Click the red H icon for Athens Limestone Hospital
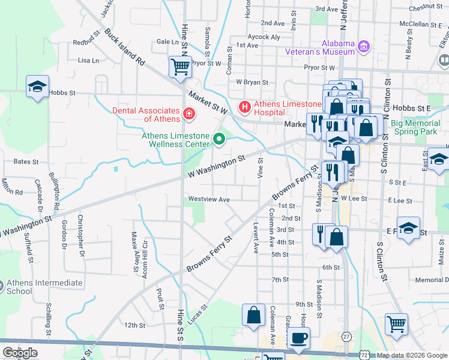(x=244, y=107)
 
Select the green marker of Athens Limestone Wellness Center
(x=219, y=140)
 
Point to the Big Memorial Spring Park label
(x=415, y=127)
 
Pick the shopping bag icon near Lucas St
(x=253, y=315)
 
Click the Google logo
(x=20, y=353)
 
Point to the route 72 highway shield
(x=365, y=355)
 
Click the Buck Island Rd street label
(x=125, y=47)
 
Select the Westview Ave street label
(x=209, y=199)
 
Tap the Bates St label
(x=26, y=162)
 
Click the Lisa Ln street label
(x=88, y=61)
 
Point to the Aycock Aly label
(x=264, y=37)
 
